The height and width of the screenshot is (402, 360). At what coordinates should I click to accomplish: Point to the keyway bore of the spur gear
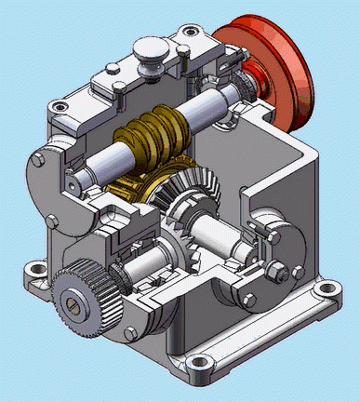pyautogui.click(x=75, y=301)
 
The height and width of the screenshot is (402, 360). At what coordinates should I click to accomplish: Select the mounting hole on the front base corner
pyautogui.click(x=197, y=364)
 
